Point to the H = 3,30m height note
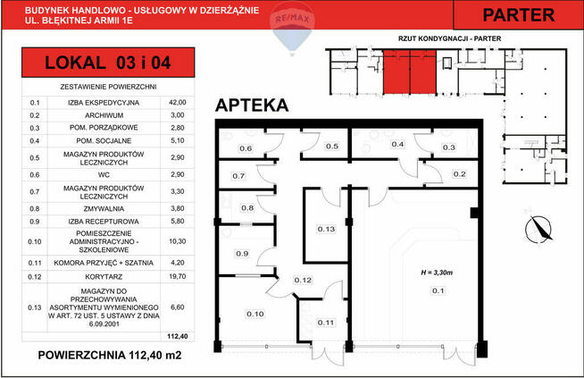(438, 271)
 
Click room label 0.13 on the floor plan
(326, 230)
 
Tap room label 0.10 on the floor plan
(255, 314)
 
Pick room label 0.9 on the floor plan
(241, 254)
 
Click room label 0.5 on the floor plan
(330, 147)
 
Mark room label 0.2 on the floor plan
(460, 174)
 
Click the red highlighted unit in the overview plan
(409, 71)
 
